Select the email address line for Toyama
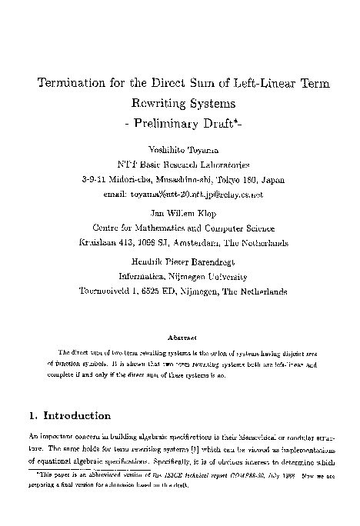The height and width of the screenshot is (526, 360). click(182, 195)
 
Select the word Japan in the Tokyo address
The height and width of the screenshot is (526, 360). click(271, 179)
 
